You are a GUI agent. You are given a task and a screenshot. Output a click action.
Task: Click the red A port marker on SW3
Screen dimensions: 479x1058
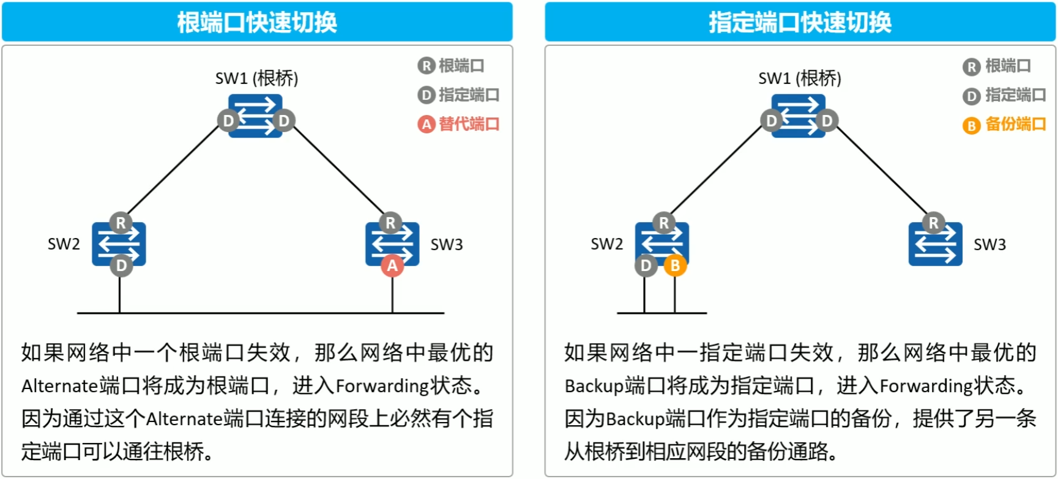(x=392, y=265)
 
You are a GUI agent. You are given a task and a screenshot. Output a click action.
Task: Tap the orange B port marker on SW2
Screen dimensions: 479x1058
(x=675, y=265)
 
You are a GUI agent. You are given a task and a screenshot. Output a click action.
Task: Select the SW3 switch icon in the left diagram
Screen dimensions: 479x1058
(x=392, y=244)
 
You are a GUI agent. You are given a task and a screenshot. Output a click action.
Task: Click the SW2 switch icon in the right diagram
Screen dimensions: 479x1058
(x=662, y=244)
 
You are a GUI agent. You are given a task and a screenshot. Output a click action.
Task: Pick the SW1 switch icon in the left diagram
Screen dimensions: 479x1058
(x=256, y=116)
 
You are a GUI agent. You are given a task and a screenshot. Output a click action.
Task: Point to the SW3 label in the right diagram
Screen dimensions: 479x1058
(x=989, y=245)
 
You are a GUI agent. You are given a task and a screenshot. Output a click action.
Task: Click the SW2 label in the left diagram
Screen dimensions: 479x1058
(x=64, y=244)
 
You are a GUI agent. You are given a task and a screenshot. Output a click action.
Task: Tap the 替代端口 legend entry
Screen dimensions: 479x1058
(x=459, y=124)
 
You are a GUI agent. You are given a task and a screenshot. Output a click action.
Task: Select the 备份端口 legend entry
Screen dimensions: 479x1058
(x=1004, y=125)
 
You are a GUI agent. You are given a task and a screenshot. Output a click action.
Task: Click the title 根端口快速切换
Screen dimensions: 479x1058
(x=257, y=23)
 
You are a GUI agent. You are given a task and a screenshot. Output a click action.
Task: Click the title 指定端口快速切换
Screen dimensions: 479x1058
(x=800, y=23)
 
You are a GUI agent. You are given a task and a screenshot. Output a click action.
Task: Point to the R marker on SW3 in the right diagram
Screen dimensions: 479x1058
(x=933, y=223)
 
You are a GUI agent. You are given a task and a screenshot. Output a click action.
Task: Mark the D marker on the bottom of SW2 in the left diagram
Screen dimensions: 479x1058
(x=121, y=265)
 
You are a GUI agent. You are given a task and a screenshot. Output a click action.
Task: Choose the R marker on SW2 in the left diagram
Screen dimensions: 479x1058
(x=121, y=223)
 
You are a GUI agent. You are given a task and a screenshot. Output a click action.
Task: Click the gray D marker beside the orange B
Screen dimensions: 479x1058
(x=646, y=265)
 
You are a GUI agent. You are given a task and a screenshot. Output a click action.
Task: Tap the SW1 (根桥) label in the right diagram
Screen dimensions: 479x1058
(x=800, y=78)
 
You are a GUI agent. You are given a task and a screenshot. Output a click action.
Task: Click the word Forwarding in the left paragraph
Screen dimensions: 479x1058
(x=382, y=386)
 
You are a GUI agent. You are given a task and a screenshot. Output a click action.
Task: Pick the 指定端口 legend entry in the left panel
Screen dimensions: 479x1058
(x=459, y=95)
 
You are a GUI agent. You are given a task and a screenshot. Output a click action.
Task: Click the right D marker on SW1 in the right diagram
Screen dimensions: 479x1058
(x=827, y=121)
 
